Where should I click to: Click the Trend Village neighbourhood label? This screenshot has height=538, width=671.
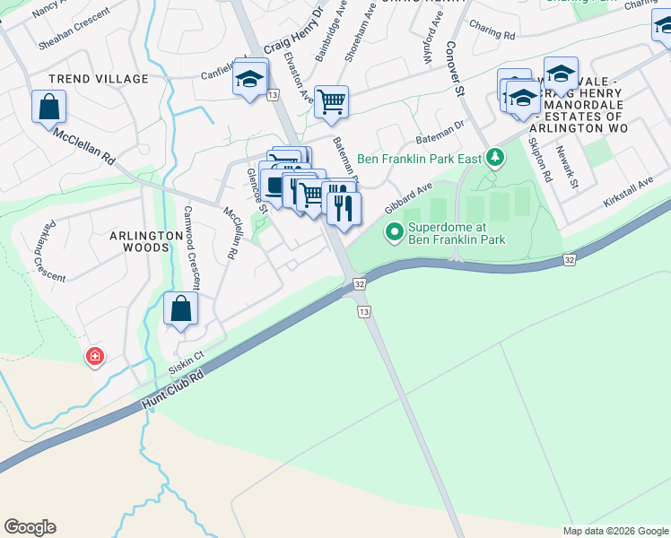pos(99,79)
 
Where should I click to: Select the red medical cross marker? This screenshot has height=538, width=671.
pos(94,358)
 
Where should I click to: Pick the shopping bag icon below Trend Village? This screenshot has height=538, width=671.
pos(49,107)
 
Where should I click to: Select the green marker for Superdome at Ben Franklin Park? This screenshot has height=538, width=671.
pos(393,233)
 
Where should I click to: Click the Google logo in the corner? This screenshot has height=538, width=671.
pos(30,527)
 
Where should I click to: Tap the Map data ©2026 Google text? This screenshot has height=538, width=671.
pos(614,531)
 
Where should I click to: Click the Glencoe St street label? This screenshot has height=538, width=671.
pos(257,194)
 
